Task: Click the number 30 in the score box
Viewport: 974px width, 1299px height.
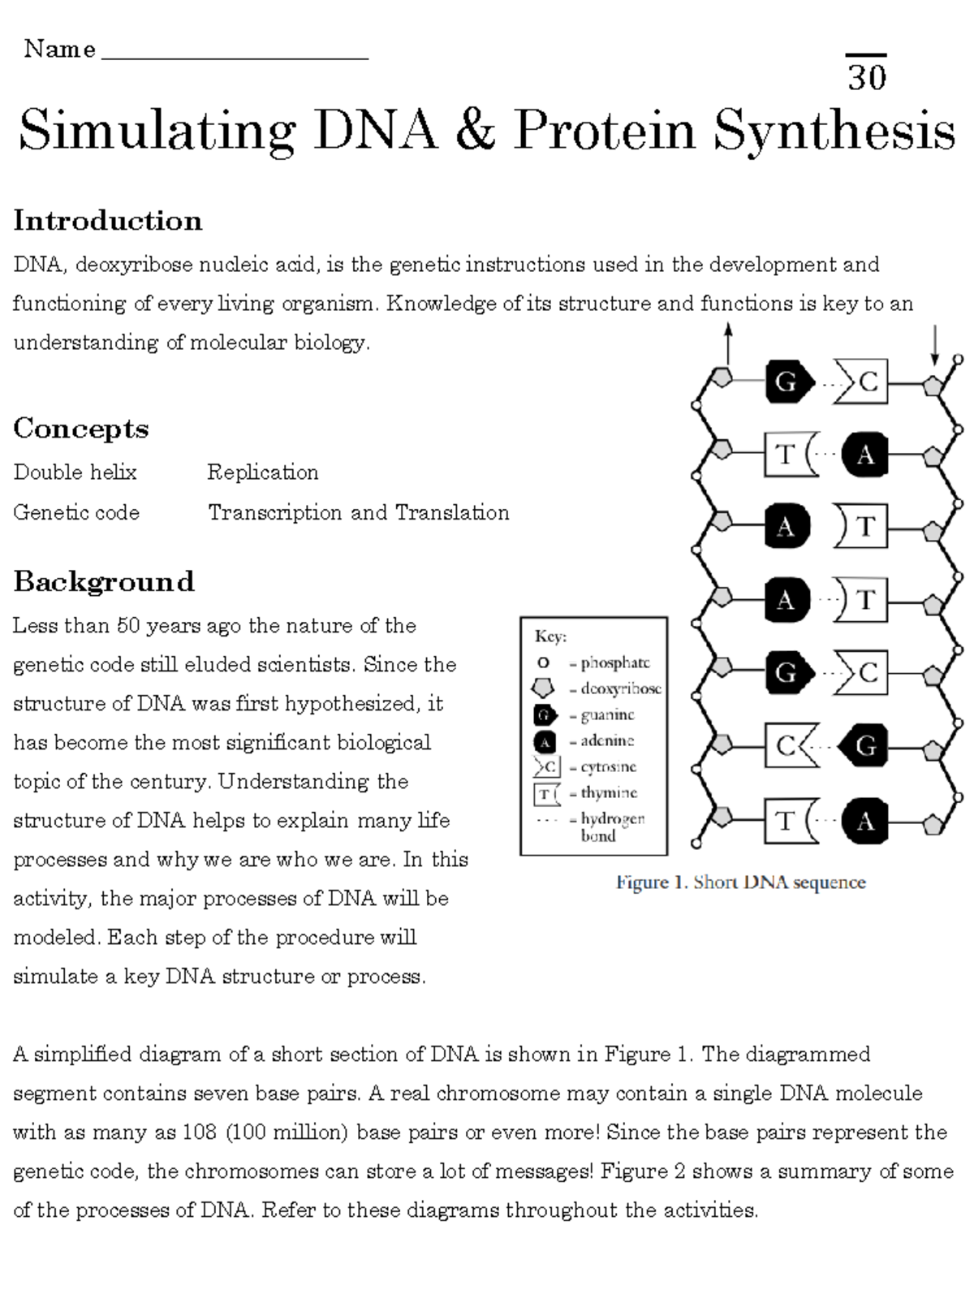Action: click(x=867, y=77)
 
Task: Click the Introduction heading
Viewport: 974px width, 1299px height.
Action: click(x=107, y=221)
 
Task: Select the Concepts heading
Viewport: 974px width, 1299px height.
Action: click(x=80, y=429)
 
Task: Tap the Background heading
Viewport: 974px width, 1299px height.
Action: click(x=103, y=581)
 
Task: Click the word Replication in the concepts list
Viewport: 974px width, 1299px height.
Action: click(x=262, y=473)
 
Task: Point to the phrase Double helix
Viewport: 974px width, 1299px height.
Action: click(x=75, y=473)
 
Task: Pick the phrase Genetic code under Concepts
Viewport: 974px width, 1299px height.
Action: click(x=76, y=513)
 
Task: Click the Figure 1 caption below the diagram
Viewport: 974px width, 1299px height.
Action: click(x=740, y=883)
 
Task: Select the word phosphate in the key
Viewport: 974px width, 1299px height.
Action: click(x=614, y=663)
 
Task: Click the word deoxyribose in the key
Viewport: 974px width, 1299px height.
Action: click(x=620, y=689)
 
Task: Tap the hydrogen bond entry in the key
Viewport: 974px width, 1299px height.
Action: click(x=612, y=826)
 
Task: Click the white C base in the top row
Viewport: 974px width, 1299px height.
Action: click(x=865, y=382)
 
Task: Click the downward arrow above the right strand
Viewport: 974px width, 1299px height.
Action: click(x=935, y=345)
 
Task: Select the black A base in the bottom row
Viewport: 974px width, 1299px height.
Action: click(x=864, y=821)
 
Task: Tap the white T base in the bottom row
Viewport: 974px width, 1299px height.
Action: click(x=786, y=821)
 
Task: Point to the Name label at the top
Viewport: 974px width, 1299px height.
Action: click(x=59, y=50)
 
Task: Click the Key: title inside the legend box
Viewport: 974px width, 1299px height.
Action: click(x=550, y=637)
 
